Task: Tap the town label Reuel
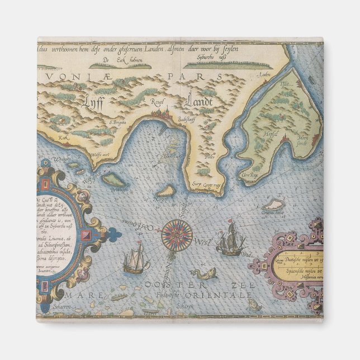coord(155,101)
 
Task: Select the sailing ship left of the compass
coord(135,259)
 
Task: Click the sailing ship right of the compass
coord(230,239)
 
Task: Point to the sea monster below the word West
coord(203,274)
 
